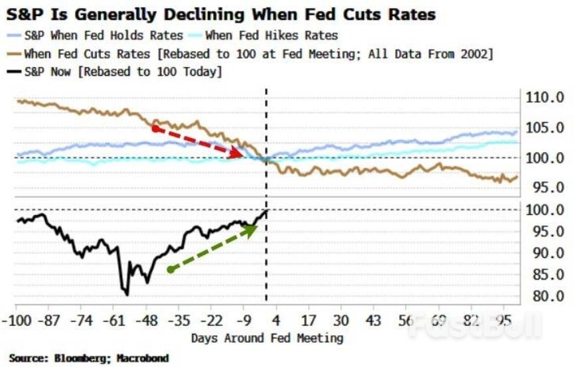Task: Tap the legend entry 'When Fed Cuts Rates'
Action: [x=258, y=53]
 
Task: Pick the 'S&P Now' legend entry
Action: [x=123, y=71]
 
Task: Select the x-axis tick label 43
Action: [x=373, y=320]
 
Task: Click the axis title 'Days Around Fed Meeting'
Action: [x=267, y=338]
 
